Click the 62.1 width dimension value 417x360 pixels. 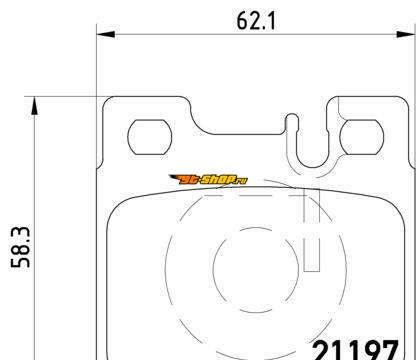tap(256, 21)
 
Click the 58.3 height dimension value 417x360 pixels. tap(20, 247)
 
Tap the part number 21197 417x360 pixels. tap(355, 350)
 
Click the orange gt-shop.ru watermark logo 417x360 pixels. tap(208, 180)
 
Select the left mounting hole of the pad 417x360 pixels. tap(150, 137)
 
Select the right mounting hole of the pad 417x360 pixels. tap(362, 137)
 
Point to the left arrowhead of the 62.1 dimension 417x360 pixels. tap(106, 34)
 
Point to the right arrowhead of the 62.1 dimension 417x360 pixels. tap(406, 34)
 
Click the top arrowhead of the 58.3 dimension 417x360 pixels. tap(34, 106)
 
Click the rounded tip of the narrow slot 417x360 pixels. tap(292, 116)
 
